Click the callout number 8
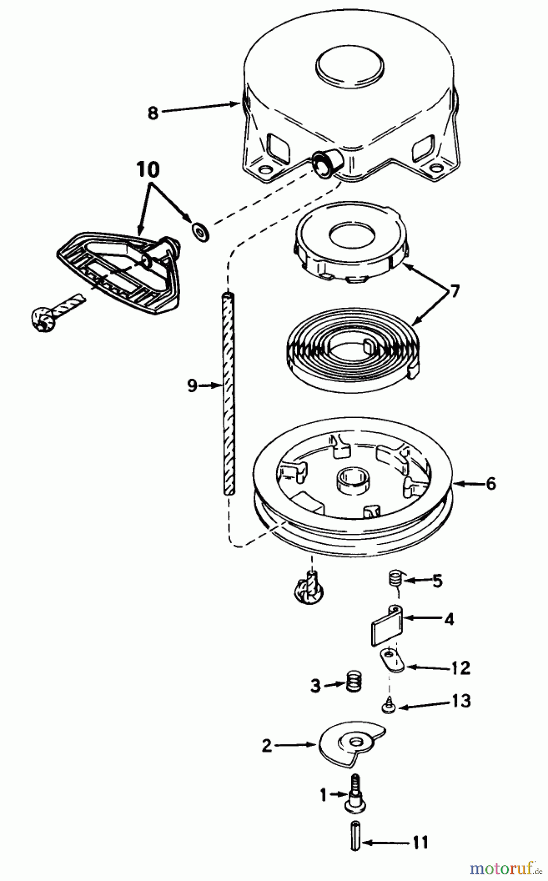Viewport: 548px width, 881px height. tap(153, 113)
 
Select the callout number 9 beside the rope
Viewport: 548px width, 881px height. tap(192, 386)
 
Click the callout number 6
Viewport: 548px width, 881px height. tap(490, 484)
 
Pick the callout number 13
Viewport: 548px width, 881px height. tap(462, 700)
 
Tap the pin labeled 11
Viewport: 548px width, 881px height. tap(357, 842)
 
